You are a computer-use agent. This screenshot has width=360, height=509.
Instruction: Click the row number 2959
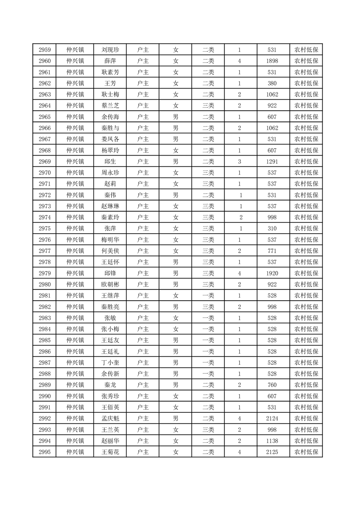[44, 50]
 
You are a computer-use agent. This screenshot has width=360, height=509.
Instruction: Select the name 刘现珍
[110, 50]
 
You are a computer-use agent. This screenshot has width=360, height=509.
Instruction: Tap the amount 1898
[272, 61]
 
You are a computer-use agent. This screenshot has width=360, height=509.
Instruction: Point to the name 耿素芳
[110, 72]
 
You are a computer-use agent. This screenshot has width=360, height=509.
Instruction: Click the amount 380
[272, 83]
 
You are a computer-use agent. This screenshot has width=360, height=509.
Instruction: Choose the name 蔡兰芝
[110, 106]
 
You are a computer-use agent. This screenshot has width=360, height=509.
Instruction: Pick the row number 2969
[44, 162]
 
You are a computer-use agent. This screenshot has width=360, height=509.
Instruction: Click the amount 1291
[272, 162]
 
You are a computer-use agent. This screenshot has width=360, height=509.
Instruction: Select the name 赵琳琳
[110, 206]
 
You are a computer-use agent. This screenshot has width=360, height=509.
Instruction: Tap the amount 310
[272, 229]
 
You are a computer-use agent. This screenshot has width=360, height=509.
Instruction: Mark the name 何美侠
[110, 251]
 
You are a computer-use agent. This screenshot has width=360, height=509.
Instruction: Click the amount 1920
[272, 273]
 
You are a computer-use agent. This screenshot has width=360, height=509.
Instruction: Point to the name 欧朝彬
[110, 284]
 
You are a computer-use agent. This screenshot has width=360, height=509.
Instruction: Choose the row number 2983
[44, 318]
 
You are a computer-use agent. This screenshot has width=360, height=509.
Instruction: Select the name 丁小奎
[110, 362]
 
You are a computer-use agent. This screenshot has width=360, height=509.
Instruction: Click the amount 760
[272, 385]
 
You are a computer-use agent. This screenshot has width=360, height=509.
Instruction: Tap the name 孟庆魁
[110, 418]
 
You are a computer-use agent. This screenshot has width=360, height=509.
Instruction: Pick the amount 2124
[272, 418]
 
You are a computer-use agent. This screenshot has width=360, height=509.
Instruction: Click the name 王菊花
[110, 452]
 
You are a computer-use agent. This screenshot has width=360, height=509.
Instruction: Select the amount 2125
[272, 452]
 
